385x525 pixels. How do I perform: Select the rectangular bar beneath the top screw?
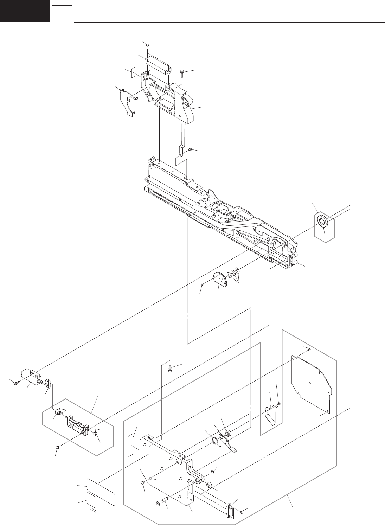[x=157, y=63]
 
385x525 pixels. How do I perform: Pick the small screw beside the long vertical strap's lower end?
[x=190, y=149]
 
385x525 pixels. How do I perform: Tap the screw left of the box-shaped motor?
[x=15, y=383]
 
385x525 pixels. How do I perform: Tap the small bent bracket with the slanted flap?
[x=271, y=415]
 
